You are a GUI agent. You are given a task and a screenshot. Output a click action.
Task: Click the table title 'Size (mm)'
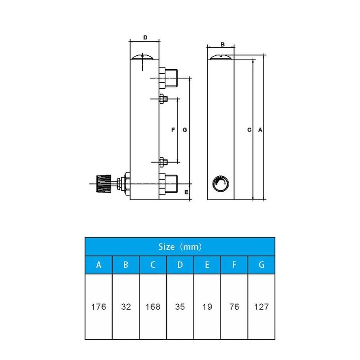click(x=180, y=247)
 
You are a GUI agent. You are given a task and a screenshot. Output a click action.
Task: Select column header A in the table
click(x=99, y=265)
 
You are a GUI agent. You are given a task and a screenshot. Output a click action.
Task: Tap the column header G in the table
click(x=261, y=265)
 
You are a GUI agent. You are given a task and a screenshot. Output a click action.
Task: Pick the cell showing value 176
click(x=99, y=307)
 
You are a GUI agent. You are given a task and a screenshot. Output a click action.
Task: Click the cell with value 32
click(x=126, y=307)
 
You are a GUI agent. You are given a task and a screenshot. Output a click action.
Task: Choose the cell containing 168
click(x=153, y=307)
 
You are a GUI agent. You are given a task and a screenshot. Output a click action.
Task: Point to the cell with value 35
click(x=180, y=307)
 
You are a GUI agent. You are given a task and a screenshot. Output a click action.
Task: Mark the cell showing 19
click(x=207, y=307)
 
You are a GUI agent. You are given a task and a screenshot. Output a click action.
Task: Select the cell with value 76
click(x=234, y=307)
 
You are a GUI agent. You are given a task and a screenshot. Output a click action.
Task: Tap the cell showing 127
click(x=261, y=307)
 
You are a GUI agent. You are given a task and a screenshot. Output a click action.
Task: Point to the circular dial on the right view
click(x=220, y=183)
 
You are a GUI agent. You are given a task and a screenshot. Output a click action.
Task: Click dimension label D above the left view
click(x=145, y=37)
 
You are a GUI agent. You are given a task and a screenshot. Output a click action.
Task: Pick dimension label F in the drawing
click(x=173, y=130)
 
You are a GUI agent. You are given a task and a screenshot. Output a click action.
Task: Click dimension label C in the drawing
click(x=249, y=130)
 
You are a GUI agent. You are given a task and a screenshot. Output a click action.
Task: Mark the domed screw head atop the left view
click(x=144, y=58)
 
